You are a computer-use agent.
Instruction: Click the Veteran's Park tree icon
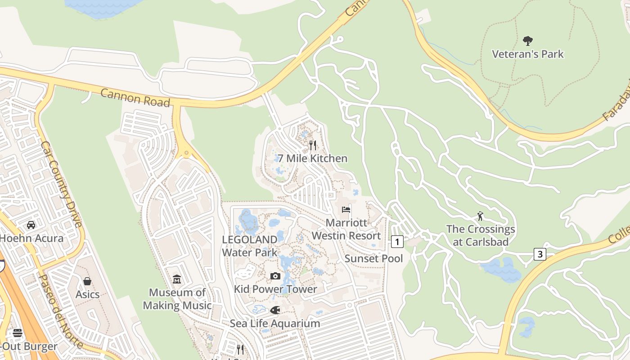[528, 41]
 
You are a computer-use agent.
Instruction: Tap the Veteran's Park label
[528, 54]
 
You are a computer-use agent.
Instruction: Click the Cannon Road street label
[135, 97]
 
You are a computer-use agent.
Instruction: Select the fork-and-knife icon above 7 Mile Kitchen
[313, 145]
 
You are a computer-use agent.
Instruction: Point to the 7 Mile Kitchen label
[312, 158]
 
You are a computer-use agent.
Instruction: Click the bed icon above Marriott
[346, 210]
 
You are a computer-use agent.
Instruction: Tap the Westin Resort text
[346, 235]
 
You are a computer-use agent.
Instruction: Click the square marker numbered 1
[397, 242]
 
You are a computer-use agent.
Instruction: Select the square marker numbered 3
[540, 254]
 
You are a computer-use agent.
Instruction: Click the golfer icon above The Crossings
[480, 216]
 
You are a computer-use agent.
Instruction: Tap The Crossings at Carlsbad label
[481, 235]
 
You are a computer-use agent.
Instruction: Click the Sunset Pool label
[373, 258]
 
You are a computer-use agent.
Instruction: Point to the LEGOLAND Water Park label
[249, 246]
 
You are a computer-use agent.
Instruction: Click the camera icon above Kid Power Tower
[275, 276]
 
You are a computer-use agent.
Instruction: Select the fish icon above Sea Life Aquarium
[274, 310]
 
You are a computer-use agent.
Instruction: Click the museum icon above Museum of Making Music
[177, 279]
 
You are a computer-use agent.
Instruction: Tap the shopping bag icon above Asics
[87, 281]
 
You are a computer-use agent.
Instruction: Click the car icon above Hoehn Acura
[31, 225]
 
